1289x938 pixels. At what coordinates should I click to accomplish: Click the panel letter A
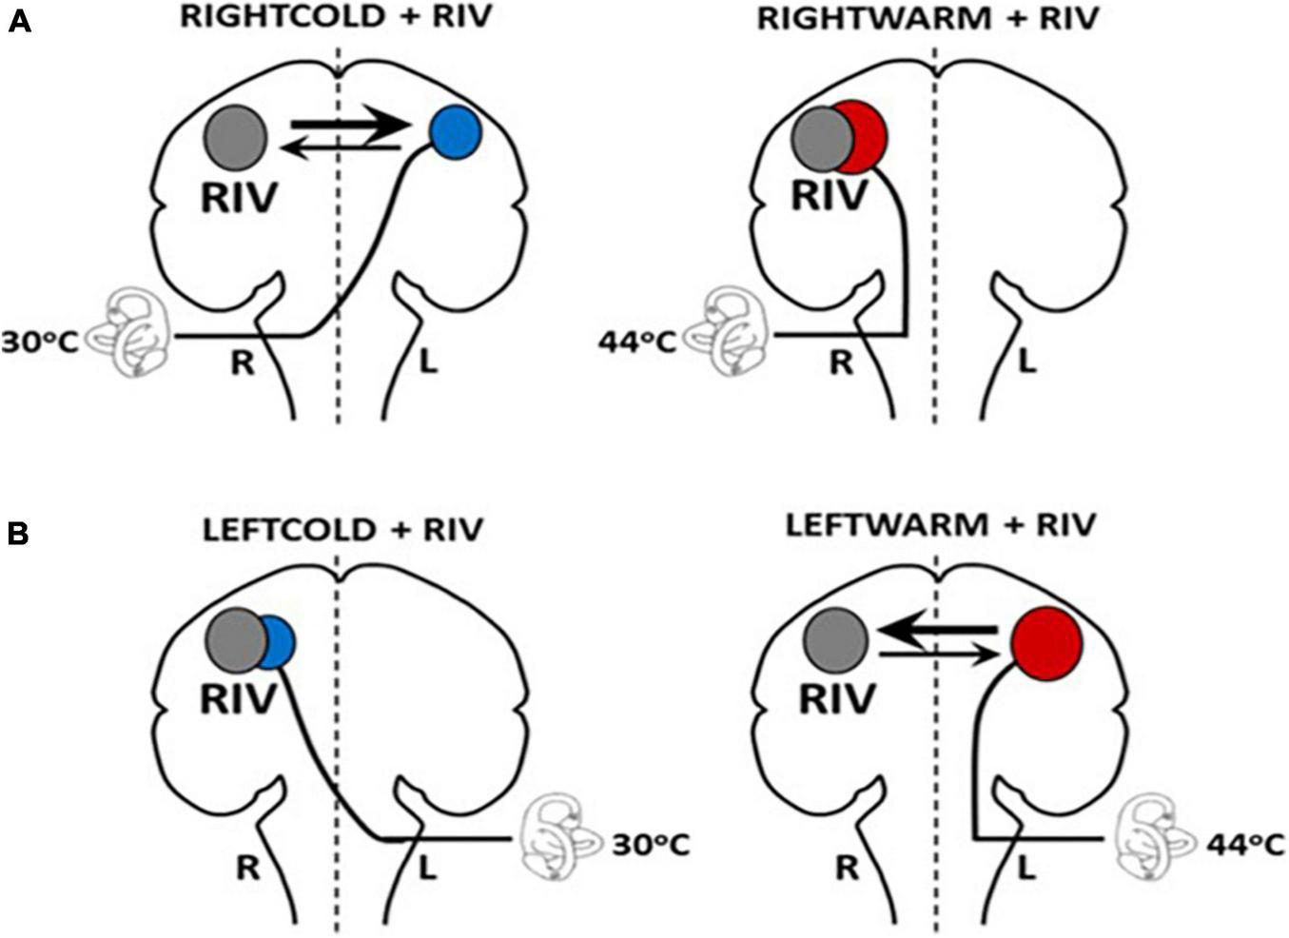tap(19, 21)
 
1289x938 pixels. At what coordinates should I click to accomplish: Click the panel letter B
tap(18, 534)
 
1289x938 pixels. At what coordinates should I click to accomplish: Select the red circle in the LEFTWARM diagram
tap(1046, 643)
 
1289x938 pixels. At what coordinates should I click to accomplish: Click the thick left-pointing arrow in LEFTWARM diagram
tap(937, 630)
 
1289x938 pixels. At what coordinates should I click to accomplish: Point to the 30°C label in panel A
tap(39, 340)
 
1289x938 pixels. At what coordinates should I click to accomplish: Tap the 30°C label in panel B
tap(651, 844)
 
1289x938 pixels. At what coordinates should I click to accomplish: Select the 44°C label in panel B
tap(1245, 844)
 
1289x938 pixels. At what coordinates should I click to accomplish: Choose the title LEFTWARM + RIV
tap(940, 524)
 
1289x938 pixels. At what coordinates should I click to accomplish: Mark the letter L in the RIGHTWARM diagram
tap(1026, 362)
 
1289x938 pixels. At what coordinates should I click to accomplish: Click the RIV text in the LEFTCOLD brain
tap(238, 697)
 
